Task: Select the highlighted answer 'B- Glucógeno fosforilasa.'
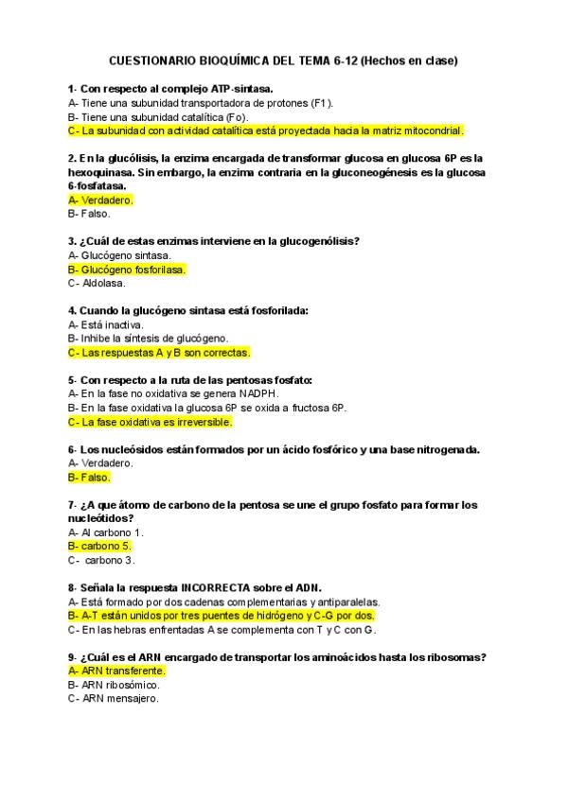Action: [127, 270]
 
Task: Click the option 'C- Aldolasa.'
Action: [97, 283]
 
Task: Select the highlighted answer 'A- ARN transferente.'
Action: [116, 671]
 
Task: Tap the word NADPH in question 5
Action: [258, 393]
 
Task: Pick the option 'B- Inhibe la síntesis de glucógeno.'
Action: [148, 339]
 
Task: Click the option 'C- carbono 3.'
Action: [100, 560]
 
